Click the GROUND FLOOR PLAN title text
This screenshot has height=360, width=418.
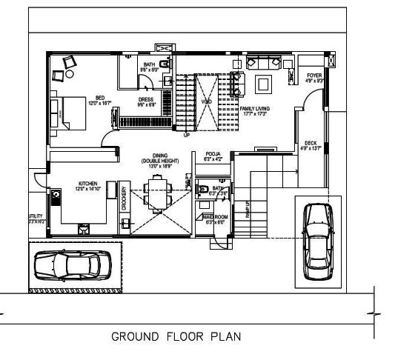pos(176,336)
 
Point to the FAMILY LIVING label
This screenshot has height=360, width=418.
pos(254,109)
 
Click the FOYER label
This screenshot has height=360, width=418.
pos(313,76)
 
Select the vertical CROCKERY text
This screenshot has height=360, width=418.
pos(125,199)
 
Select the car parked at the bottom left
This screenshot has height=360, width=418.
pos(73,265)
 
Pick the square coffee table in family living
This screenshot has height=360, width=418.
pos(262,84)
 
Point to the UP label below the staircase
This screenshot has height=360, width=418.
pos(186,136)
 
